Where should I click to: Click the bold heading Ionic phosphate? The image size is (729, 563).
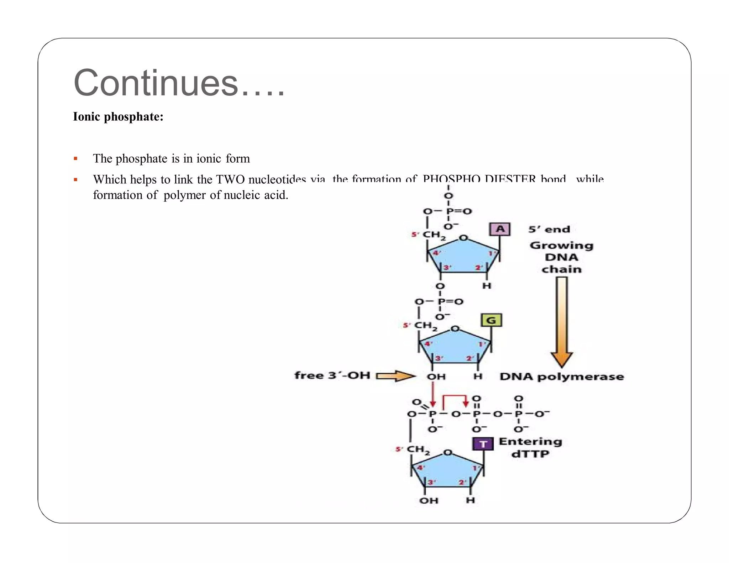[118, 117]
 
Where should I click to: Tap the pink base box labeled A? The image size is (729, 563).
[500, 229]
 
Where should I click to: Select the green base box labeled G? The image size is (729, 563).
[491, 320]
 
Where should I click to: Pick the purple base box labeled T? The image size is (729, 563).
[483, 444]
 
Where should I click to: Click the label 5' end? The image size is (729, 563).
[549, 230]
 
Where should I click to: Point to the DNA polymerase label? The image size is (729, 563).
[561, 377]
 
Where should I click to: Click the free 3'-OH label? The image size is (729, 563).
[332, 375]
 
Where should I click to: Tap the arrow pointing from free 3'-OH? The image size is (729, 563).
[395, 376]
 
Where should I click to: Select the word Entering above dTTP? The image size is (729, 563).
[530, 442]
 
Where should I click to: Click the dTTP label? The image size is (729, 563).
[530, 454]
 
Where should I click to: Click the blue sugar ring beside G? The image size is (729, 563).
[455, 347]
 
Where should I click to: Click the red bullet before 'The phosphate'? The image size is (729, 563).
[75, 159]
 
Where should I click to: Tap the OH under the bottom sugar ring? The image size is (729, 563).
[429, 501]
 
